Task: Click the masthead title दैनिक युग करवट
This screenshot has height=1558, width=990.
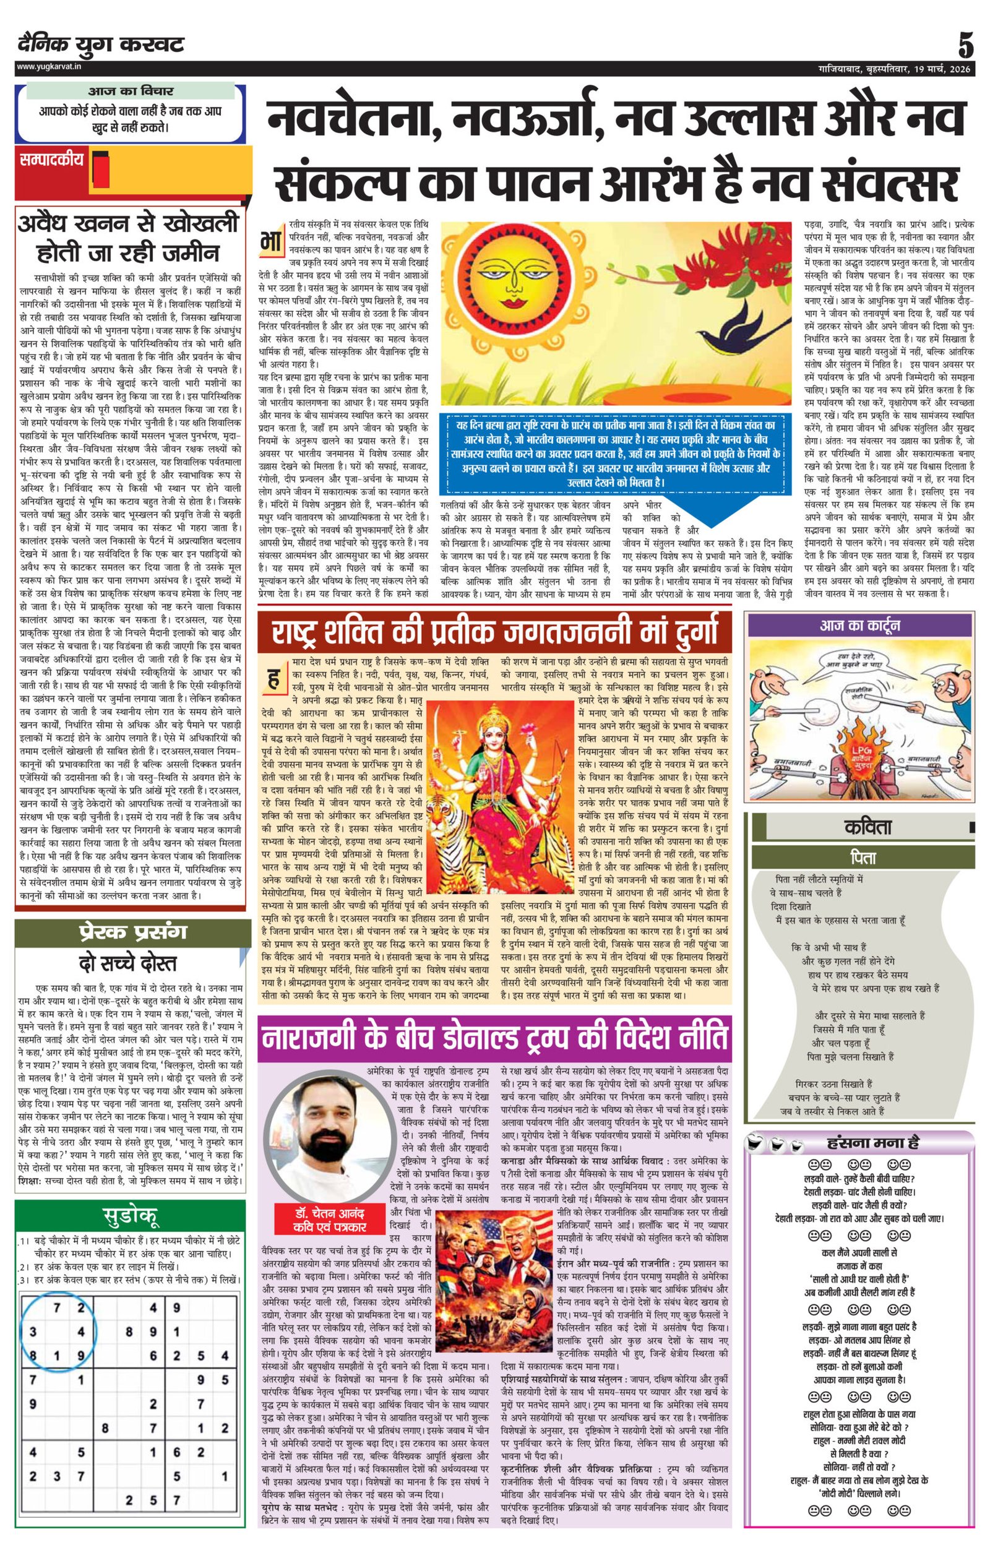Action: pos(101,45)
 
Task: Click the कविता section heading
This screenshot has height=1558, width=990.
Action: pos(867,827)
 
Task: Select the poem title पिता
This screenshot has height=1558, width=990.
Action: pos(863,858)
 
